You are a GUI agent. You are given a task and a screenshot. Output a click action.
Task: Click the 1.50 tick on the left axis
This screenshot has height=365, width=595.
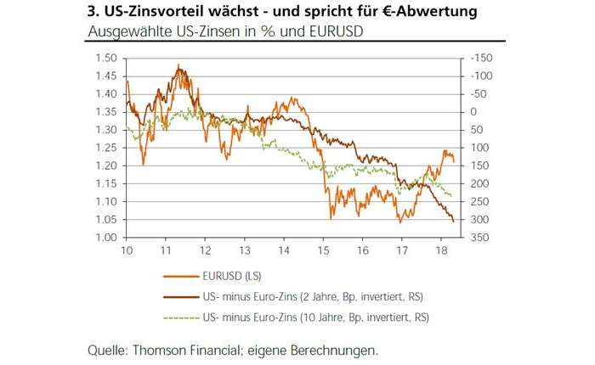pos(105,59)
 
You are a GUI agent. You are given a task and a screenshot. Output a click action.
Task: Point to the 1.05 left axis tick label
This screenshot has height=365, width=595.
pos(105,219)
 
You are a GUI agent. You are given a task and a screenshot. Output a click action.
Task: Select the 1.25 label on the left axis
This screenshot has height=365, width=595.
pos(105,148)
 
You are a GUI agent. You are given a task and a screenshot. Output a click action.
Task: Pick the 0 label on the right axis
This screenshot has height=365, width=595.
pos(473,112)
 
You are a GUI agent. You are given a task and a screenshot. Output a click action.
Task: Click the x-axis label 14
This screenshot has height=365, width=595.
pos(283,252)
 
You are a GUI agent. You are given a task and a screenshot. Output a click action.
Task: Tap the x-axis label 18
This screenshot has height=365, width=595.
pos(440,252)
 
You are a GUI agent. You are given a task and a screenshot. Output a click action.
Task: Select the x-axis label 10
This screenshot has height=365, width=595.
pos(127,252)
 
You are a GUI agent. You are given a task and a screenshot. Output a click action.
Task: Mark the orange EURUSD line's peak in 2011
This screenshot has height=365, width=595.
pos(178,65)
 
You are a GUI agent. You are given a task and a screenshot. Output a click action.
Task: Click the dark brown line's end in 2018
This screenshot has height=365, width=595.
pos(452,222)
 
